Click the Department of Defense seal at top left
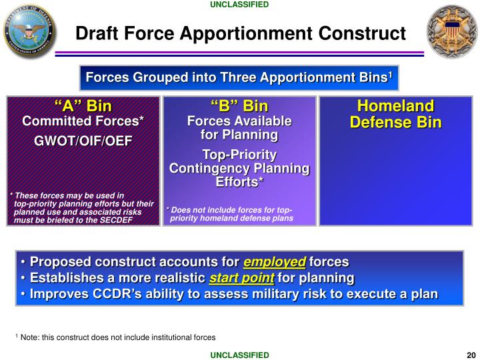[x=30, y=31]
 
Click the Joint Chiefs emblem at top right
[x=452, y=31]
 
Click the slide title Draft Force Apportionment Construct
[x=240, y=33]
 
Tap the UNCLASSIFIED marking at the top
[x=239, y=5]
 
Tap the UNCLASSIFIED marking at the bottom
[x=239, y=355]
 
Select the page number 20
[x=471, y=355]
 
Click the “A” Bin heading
[x=83, y=107]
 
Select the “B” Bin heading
[x=239, y=107]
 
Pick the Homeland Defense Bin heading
[x=395, y=114]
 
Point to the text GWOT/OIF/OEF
[x=83, y=141]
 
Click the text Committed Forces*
[x=83, y=121]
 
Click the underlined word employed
[x=274, y=262]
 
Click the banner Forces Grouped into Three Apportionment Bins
[x=239, y=78]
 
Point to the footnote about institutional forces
[x=115, y=337]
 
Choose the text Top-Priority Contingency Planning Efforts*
[x=239, y=168]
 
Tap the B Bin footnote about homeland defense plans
[x=230, y=214]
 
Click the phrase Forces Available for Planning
[x=239, y=128]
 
